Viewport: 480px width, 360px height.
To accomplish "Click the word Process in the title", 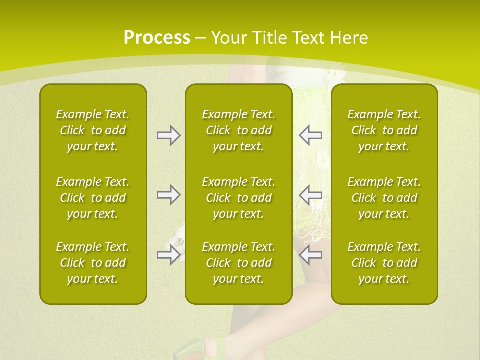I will click(157, 38).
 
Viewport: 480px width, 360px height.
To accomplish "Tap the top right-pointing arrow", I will click(168, 135).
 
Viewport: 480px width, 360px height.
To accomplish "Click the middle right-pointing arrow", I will click(168, 195).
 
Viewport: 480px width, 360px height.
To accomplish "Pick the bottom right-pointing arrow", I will click(168, 255).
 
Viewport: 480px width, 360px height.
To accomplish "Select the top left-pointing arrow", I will click(310, 135).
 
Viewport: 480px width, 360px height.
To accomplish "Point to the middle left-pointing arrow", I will click(310, 195).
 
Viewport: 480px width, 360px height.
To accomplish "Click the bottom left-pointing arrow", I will click(310, 255).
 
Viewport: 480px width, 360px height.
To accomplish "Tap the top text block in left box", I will click(93, 130).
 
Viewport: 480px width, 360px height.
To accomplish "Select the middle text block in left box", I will click(93, 198).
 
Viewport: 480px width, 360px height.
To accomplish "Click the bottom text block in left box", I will click(93, 263).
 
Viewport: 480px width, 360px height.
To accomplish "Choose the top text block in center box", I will click(238, 130).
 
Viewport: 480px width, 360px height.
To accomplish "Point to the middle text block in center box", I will click(238, 198).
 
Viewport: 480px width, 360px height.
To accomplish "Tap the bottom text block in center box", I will click(238, 263).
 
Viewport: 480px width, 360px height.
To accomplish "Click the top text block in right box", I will click(384, 130).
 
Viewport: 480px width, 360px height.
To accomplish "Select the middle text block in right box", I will click(384, 198).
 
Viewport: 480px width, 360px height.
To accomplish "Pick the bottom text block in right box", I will click(384, 263).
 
